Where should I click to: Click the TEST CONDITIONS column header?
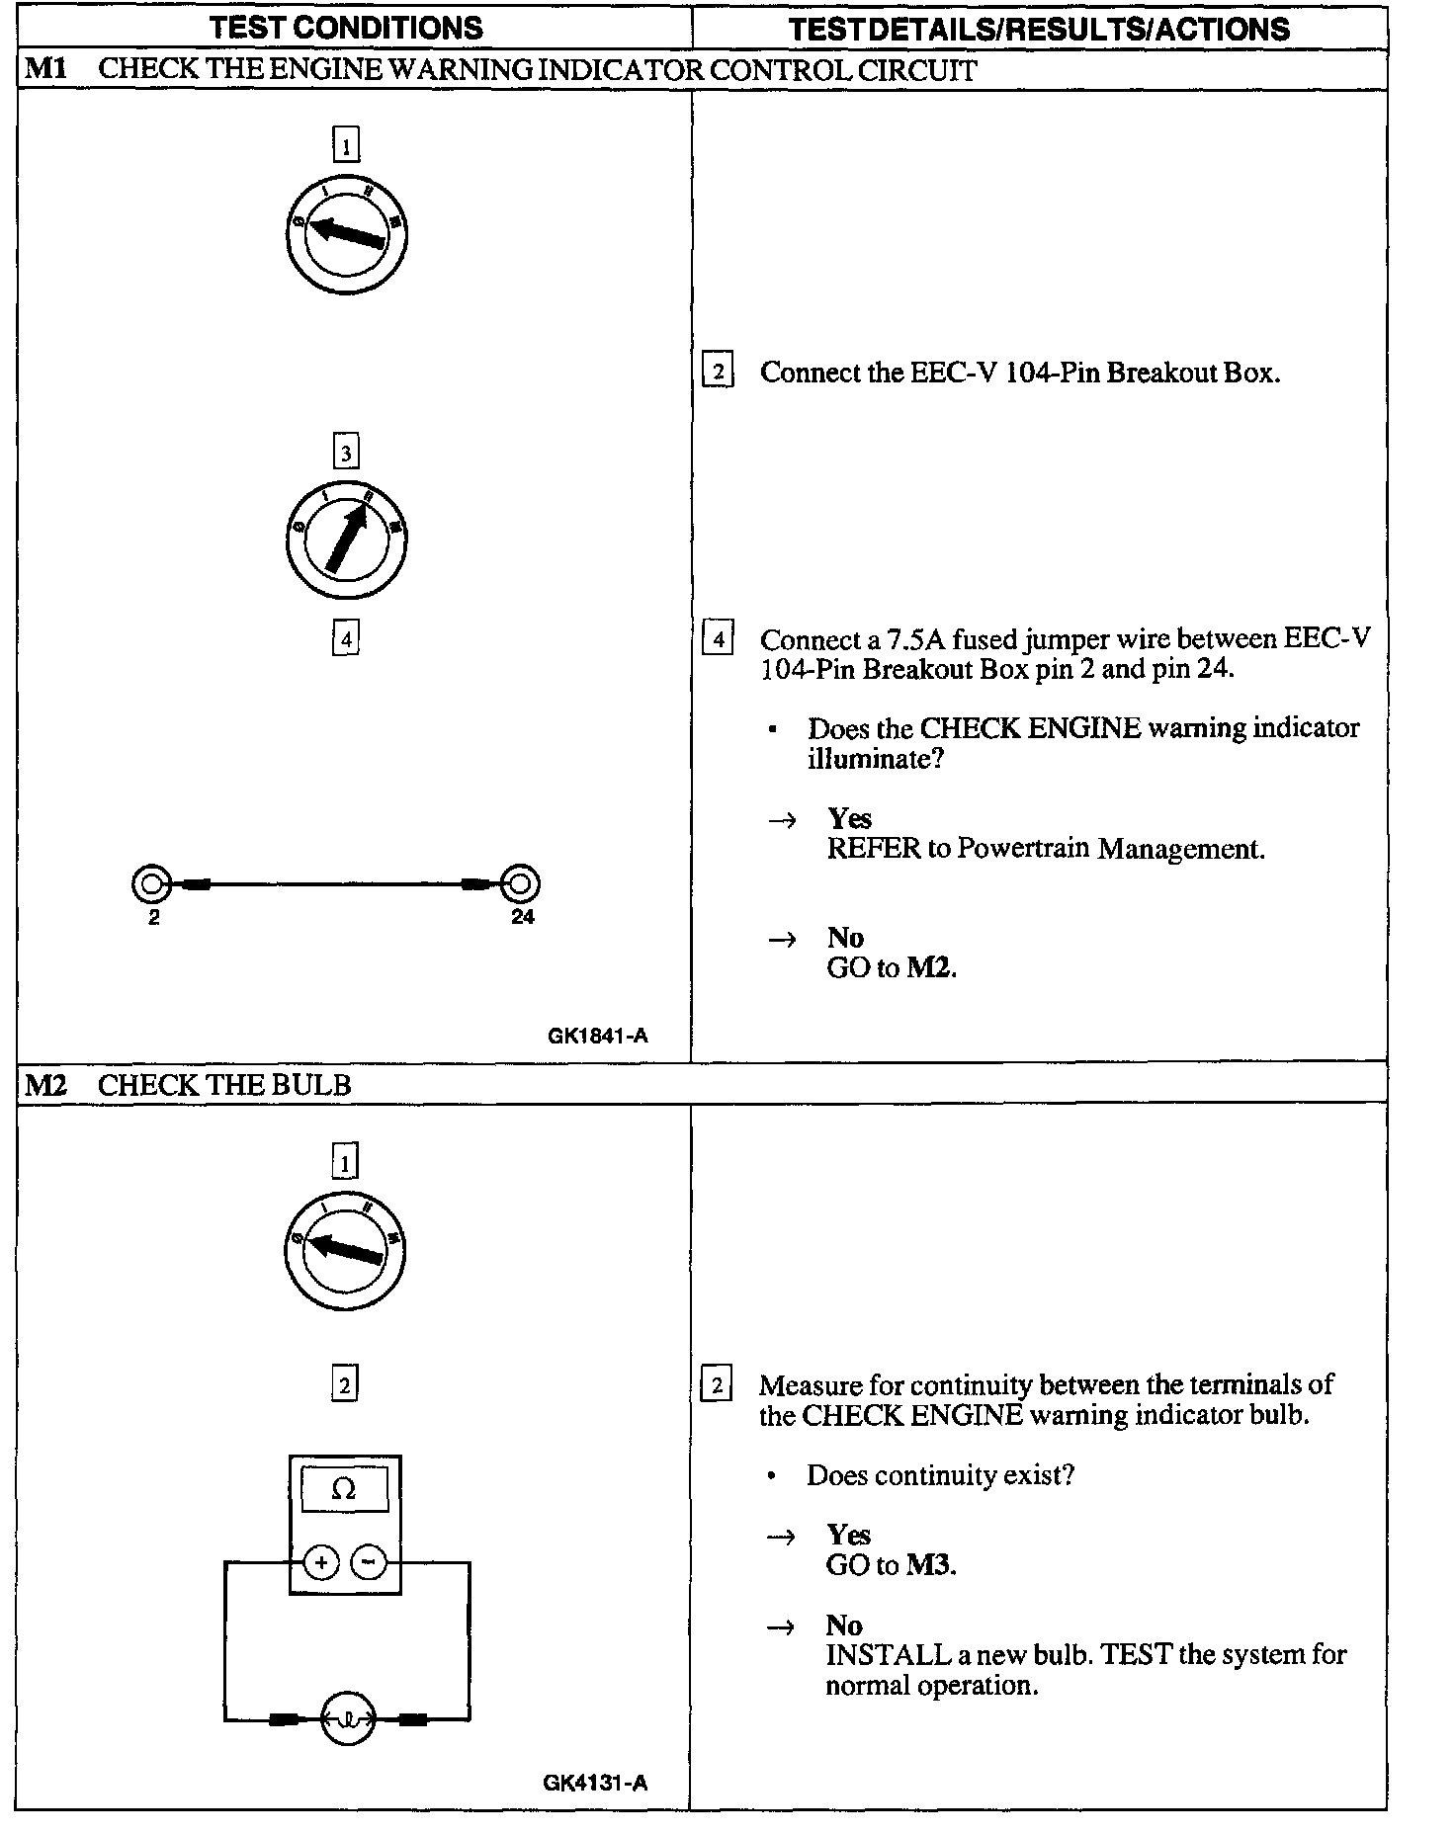click(x=346, y=28)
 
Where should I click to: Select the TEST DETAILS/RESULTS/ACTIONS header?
click(x=1039, y=29)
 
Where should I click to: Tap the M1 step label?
click(x=44, y=70)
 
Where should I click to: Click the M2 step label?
click(x=45, y=1085)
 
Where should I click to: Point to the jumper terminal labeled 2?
click(x=151, y=883)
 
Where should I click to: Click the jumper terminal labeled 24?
click(x=520, y=883)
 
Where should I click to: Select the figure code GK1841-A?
click(x=597, y=1036)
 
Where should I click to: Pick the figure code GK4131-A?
click(x=595, y=1783)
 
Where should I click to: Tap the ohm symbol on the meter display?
click(x=343, y=1489)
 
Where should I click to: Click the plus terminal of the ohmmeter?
click(x=320, y=1562)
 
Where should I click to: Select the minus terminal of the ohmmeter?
click(x=369, y=1562)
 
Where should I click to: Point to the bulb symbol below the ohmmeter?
click(x=347, y=1719)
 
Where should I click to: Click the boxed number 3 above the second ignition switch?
click(x=345, y=454)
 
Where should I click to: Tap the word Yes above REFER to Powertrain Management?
click(x=849, y=818)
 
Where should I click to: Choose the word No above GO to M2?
click(x=845, y=937)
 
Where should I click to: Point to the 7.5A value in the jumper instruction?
click(x=915, y=639)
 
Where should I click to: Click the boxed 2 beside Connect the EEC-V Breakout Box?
click(x=718, y=372)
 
